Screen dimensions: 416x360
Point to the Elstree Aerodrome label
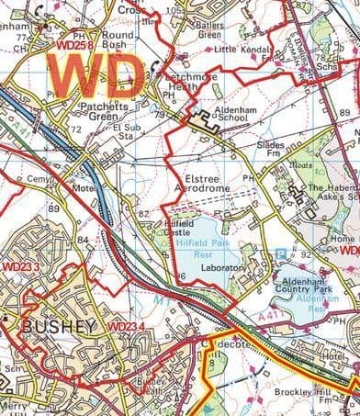tap(202, 181)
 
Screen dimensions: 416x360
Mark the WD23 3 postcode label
tap(22, 266)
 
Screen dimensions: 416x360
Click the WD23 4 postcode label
tap(128, 328)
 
